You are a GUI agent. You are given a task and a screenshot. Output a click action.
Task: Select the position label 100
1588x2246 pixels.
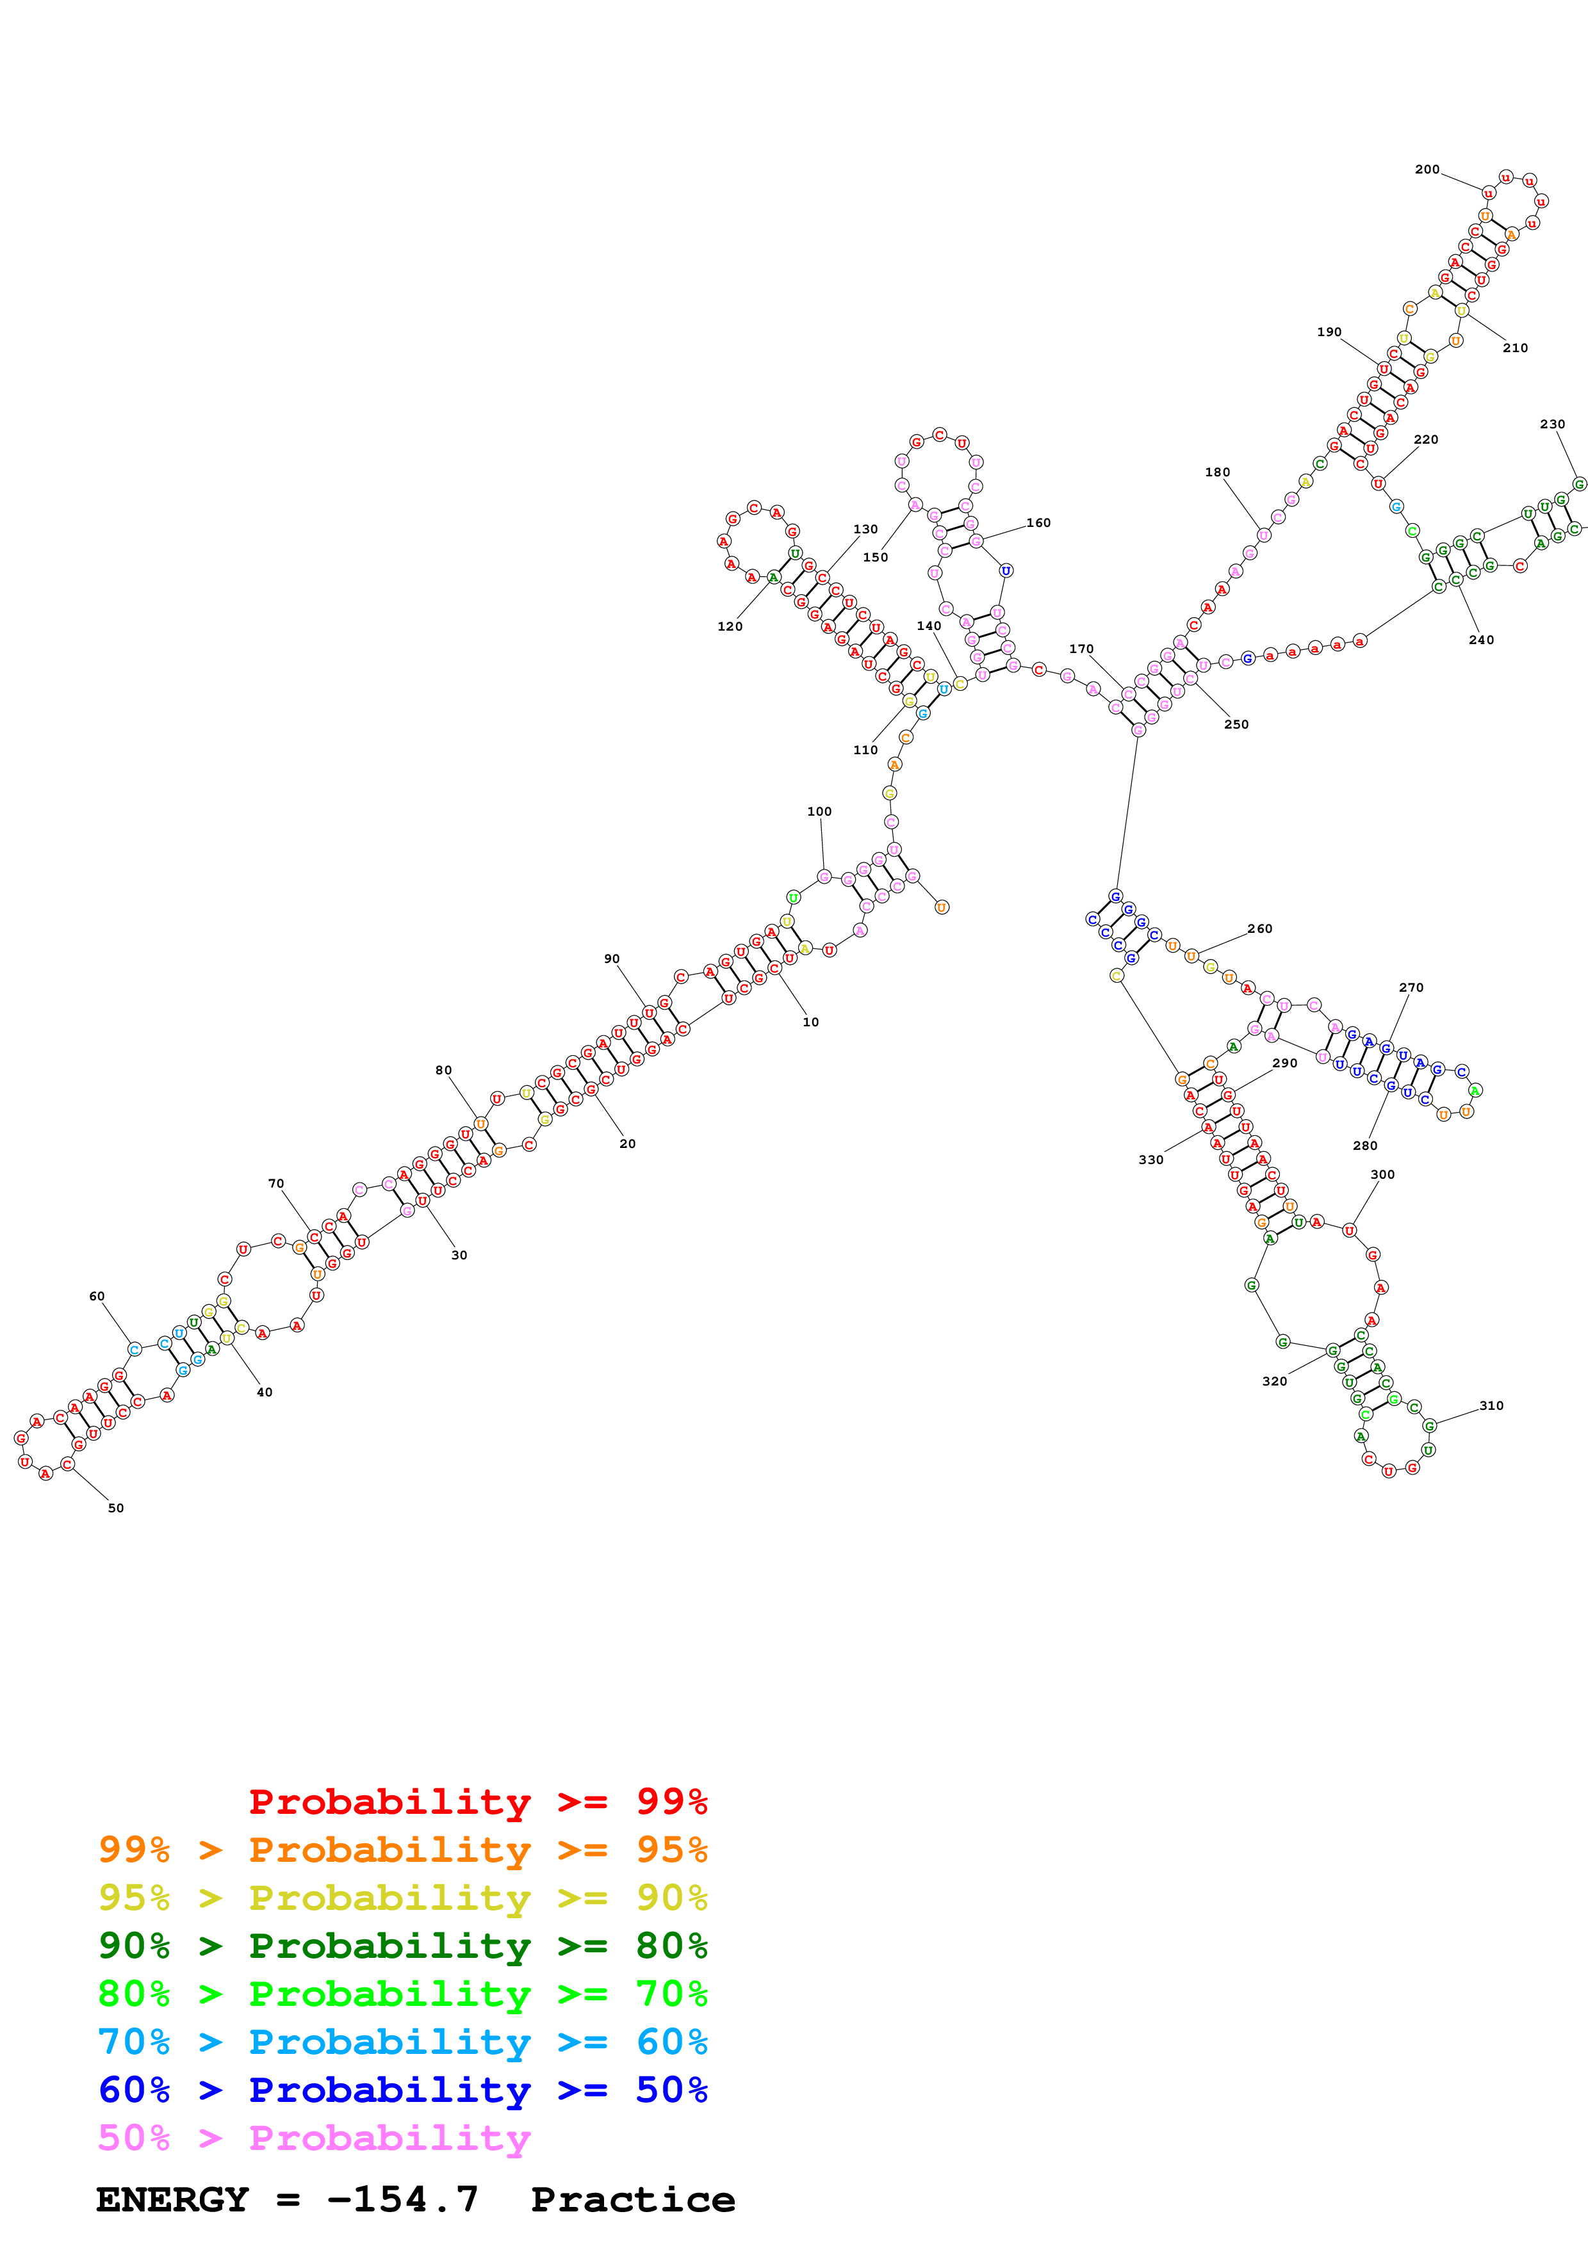coord(819,811)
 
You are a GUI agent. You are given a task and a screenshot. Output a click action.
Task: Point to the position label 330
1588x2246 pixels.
coord(1150,1159)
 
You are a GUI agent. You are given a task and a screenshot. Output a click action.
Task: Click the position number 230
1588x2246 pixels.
coord(1551,424)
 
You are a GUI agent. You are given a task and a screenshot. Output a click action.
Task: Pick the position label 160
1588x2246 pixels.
coord(1038,522)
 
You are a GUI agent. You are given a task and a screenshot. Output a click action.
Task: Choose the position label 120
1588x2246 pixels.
coord(730,626)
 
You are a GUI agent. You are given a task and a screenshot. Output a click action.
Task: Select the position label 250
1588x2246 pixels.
coord(1236,724)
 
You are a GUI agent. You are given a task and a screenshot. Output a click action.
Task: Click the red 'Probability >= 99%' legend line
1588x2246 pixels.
coord(477,1801)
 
